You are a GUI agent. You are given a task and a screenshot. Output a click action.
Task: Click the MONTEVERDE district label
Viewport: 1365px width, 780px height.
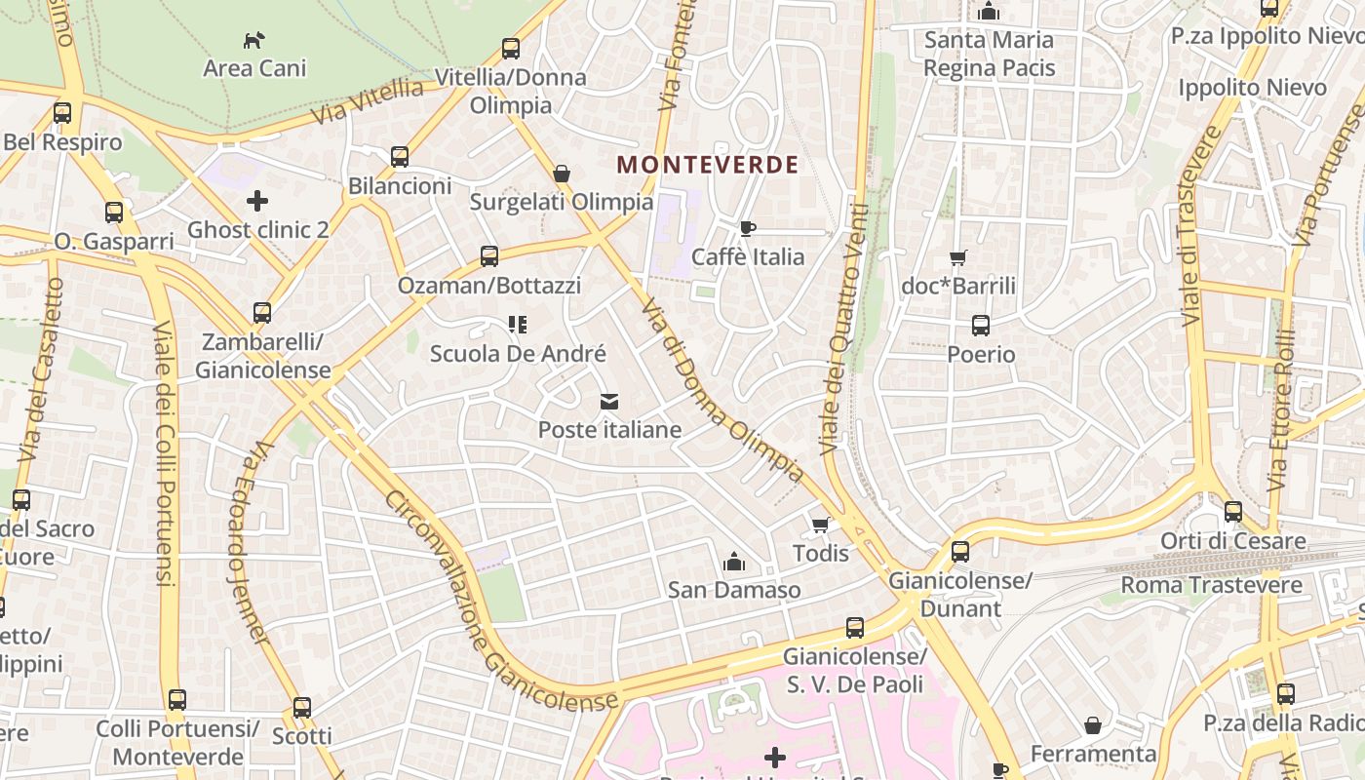click(x=708, y=165)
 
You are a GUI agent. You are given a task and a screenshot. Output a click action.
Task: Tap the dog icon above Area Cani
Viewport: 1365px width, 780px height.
click(x=253, y=41)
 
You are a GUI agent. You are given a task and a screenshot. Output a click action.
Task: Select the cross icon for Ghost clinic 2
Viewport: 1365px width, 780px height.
click(x=257, y=201)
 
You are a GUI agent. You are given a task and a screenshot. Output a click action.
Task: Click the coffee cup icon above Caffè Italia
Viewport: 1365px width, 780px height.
click(x=747, y=229)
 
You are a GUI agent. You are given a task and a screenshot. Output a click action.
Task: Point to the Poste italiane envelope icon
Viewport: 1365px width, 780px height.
click(x=609, y=402)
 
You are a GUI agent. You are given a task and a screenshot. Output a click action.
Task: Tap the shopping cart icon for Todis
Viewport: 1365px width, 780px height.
click(x=820, y=526)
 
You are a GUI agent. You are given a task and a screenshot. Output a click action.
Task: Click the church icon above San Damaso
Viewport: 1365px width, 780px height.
click(x=734, y=562)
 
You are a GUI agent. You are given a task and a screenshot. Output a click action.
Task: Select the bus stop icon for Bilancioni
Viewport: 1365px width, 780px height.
click(x=399, y=157)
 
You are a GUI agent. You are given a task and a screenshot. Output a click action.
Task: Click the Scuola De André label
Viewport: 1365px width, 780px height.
click(x=518, y=354)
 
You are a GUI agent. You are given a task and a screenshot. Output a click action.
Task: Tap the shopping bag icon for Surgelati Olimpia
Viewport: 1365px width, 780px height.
click(x=562, y=174)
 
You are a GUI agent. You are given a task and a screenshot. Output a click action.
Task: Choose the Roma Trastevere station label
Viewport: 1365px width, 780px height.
click(x=1211, y=585)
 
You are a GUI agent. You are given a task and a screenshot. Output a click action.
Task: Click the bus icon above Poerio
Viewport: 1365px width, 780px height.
click(x=981, y=326)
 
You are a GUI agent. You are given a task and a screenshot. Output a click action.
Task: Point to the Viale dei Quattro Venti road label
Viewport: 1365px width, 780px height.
click(x=844, y=331)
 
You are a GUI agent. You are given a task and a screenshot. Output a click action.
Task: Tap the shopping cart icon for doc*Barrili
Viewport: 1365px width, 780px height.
click(x=957, y=258)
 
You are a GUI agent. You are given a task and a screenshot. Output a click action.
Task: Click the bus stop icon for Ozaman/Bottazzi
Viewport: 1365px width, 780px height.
click(x=489, y=256)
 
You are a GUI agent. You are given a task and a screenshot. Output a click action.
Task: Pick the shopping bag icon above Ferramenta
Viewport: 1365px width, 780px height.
click(x=1093, y=725)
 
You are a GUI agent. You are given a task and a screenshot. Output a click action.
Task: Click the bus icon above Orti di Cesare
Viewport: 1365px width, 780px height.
click(x=1233, y=512)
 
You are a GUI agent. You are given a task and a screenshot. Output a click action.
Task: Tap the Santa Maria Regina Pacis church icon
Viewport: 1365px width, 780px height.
click(x=989, y=12)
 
